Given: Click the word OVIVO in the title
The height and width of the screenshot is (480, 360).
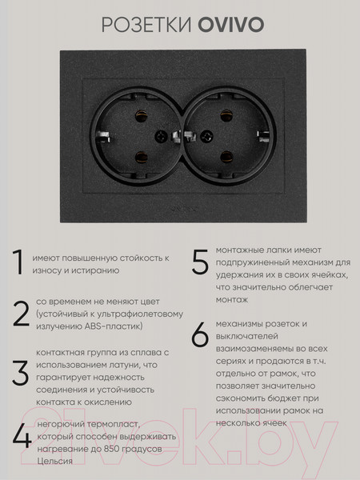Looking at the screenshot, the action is [x=231, y=25].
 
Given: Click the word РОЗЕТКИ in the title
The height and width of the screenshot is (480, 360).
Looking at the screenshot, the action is [x=146, y=25].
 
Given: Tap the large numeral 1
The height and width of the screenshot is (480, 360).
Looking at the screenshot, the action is [x=18, y=262].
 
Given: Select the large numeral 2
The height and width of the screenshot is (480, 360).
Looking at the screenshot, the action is [x=21, y=314].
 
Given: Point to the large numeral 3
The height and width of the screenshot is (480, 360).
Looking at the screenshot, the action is [x=21, y=373].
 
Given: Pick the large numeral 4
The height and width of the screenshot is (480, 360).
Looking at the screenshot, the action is [x=22, y=437].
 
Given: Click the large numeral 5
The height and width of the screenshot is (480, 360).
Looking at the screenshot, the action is [x=200, y=262].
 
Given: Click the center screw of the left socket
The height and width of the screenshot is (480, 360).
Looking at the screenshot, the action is [x=161, y=137].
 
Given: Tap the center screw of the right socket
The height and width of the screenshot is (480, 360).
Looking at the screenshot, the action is [x=206, y=136].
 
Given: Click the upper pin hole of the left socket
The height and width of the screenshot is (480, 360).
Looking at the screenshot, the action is [x=141, y=116].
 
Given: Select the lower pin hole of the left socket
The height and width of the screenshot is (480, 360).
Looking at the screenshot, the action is [x=141, y=157].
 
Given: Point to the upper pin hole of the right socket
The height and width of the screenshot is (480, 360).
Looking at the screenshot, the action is [x=226, y=115].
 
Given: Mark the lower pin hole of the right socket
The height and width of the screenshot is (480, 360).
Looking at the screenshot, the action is [x=226, y=157].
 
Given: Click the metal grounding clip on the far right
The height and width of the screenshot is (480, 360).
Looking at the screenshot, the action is [x=263, y=136].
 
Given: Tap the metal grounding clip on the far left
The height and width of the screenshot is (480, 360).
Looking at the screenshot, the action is [x=103, y=137].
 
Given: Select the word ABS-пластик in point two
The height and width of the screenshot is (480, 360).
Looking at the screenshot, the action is [x=114, y=326].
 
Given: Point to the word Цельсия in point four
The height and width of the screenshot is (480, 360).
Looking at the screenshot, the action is [x=54, y=462].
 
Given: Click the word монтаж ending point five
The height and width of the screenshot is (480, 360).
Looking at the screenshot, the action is [x=232, y=300].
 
